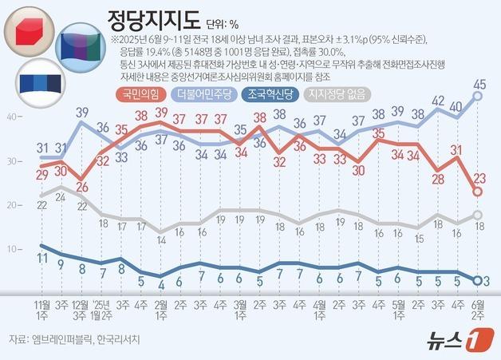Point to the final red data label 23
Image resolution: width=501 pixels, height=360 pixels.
point(479,178)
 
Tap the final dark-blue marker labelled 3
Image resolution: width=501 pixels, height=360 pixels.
point(477,280)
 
